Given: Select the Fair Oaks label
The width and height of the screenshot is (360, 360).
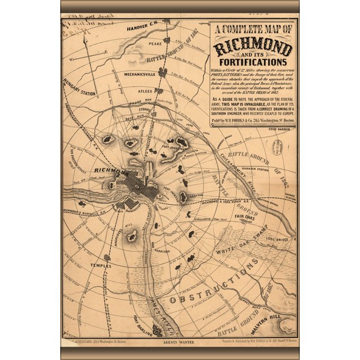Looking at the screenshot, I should point(246,217).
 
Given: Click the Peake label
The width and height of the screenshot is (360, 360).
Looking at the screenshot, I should point(156,43).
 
